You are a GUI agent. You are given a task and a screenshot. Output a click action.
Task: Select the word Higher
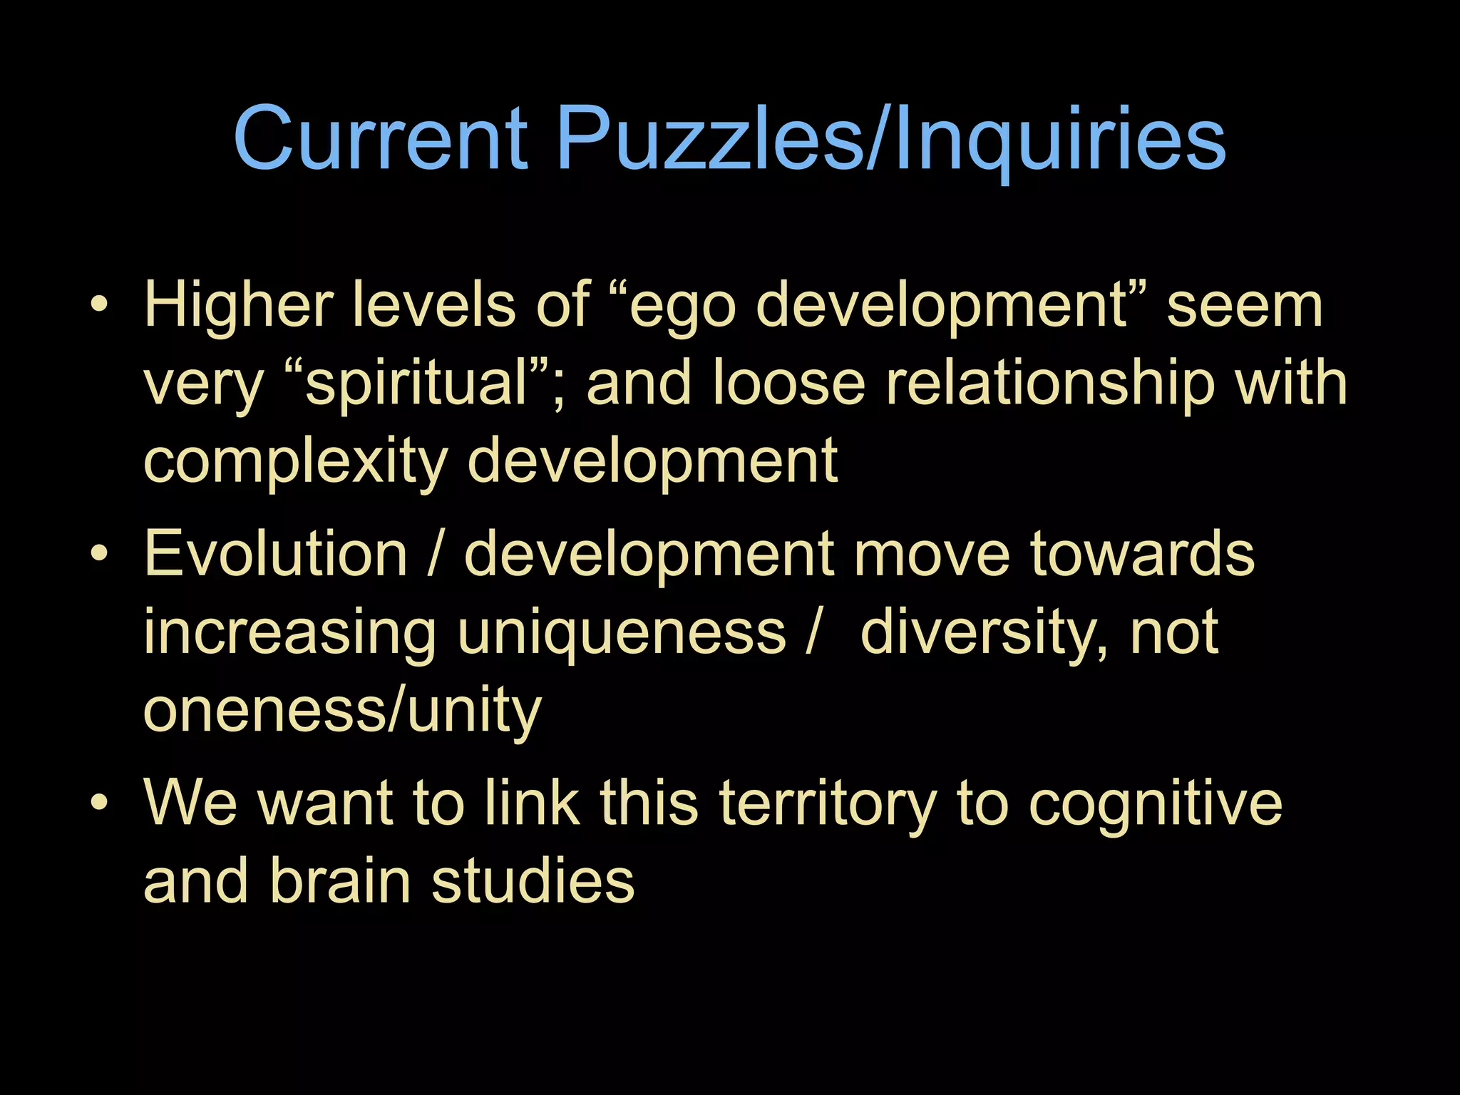[x=239, y=305]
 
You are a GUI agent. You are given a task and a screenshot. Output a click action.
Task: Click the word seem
[x=1245, y=305]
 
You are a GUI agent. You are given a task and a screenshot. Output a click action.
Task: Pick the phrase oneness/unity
[x=343, y=711]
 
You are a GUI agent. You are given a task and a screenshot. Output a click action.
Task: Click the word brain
[x=341, y=880]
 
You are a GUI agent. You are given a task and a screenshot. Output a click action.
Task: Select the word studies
[x=533, y=880]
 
